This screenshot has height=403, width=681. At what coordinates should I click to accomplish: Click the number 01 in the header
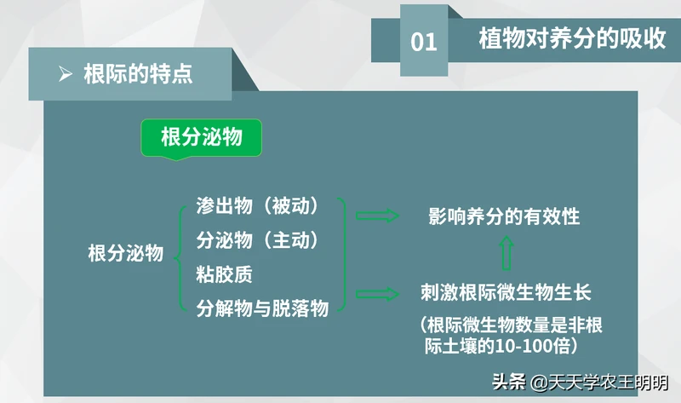click(423, 42)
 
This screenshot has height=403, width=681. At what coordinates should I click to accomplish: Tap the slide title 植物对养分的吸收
click(572, 38)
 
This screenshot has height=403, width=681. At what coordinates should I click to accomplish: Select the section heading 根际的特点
click(138, 73)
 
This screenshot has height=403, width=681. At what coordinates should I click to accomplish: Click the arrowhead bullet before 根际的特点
click(66, 74)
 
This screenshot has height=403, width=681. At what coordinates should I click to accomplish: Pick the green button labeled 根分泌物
click(201, 138)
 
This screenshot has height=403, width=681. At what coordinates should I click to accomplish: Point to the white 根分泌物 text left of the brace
click(125, 252)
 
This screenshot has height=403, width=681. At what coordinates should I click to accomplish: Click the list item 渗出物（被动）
click(257, 205)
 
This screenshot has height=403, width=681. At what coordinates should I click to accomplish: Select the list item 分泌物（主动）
click(257, 240)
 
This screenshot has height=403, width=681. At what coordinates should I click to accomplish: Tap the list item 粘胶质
click(224, 274)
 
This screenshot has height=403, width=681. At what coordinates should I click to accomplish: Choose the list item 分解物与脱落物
click(262, 308)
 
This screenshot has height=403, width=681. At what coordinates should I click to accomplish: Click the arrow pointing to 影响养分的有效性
click(377, 216)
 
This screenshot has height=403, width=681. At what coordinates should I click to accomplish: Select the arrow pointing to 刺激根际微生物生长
click(377, 294)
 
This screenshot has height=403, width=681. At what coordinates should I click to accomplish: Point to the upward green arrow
click(506, 253)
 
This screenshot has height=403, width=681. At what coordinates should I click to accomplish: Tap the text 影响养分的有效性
click(504, 216)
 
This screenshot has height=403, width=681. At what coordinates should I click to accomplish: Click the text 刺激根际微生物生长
click(506, 292)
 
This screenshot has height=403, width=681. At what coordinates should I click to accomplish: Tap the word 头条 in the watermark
click(509, 383)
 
